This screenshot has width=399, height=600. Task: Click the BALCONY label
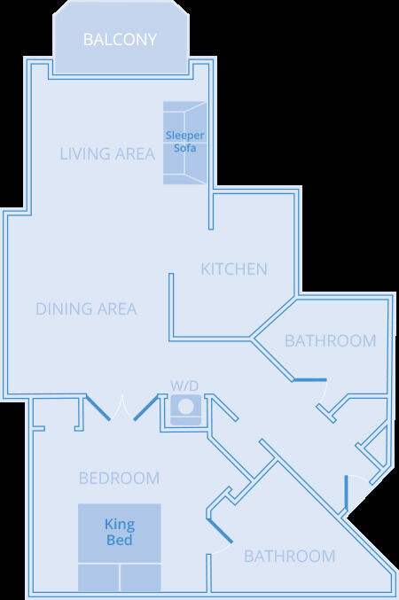120,39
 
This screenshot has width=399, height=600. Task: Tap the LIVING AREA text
107,154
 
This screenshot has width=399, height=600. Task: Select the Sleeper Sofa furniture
185,143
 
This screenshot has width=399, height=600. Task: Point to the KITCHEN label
234,269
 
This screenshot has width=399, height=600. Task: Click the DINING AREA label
86,308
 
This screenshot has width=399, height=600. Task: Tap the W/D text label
184,386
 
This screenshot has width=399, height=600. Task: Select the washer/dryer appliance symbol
185,409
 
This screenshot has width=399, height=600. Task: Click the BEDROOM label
119,479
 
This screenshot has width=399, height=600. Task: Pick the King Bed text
120,532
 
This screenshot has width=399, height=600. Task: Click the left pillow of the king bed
98,578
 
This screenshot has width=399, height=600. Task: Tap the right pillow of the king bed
140,578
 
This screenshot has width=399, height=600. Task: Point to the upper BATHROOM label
331,341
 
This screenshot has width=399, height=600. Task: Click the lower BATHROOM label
289,556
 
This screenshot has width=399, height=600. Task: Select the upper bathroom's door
309,380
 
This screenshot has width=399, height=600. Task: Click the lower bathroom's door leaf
219,531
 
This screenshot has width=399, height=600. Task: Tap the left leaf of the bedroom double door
98,408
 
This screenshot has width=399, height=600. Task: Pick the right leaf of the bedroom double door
146,408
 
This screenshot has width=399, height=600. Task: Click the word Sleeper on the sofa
185,136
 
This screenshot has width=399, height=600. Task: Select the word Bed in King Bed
120,540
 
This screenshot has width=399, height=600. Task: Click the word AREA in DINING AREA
117,308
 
